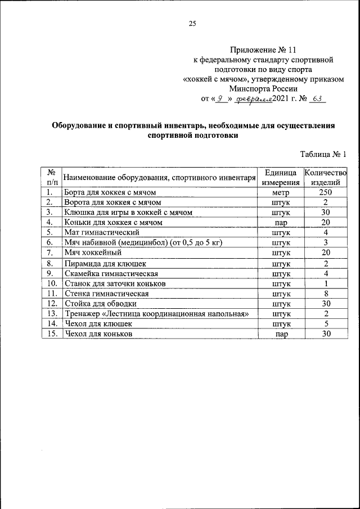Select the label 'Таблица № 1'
323,154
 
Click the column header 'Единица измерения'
280,177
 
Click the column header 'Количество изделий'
325,177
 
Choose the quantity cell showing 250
325,192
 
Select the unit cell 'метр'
280,193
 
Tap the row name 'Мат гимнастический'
101,232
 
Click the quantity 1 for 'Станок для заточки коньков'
325,283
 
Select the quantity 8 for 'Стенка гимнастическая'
325,293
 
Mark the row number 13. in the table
52,313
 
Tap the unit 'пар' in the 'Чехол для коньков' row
280,334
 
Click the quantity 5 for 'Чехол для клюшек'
325,324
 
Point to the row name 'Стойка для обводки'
100,303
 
